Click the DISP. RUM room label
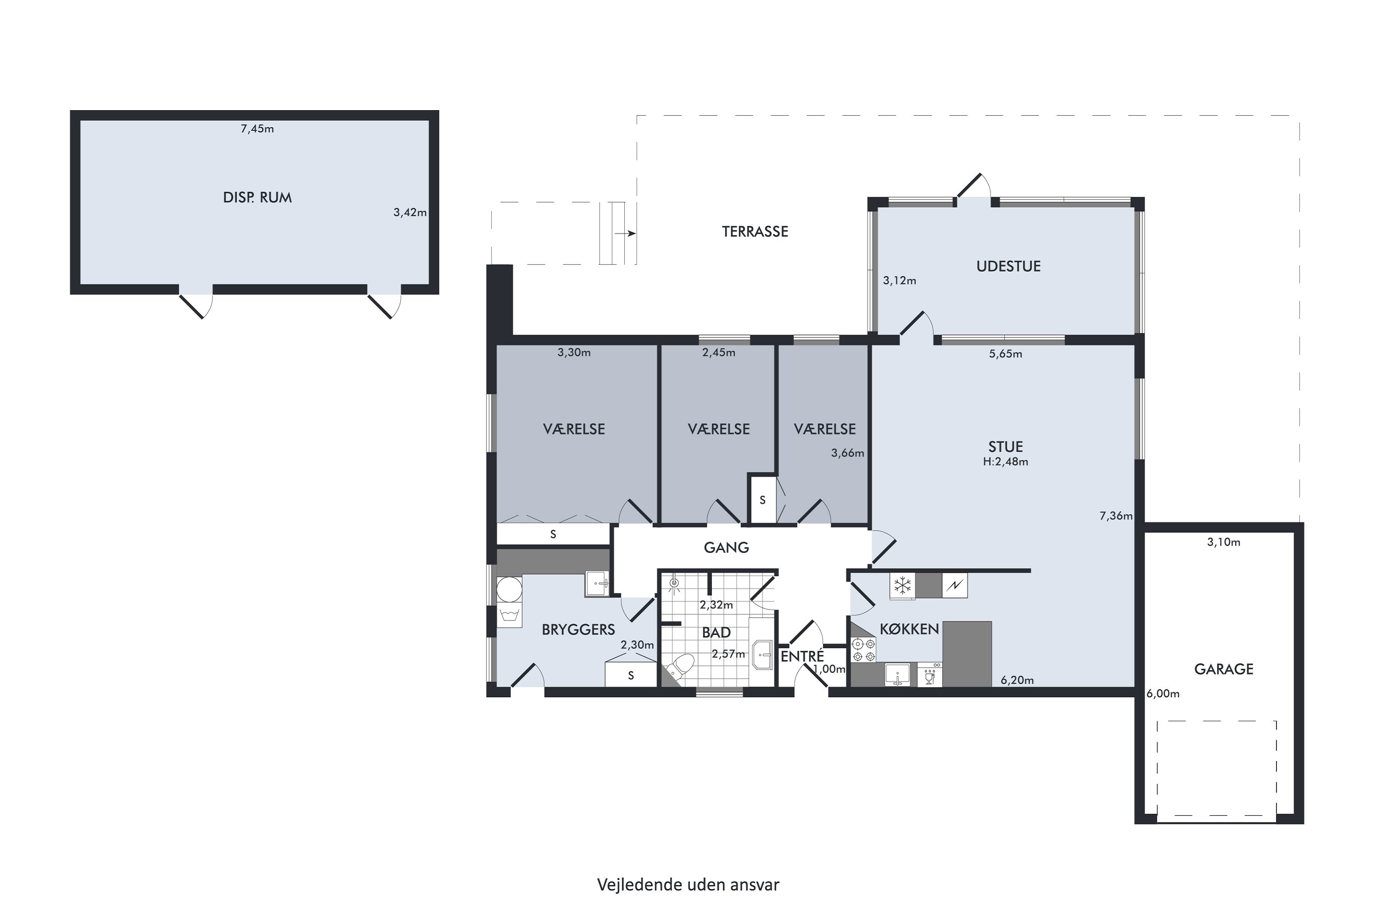click(257, 197)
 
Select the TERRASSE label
click(755, 231)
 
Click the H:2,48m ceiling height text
click(1005, 461)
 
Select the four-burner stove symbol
click(863, 650)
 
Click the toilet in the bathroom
click(679, 667)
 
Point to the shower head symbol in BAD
click(674, 583)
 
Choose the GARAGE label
click(1224, 669)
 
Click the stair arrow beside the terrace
click(625, 234)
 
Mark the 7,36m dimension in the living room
click(1116, 516)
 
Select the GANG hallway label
click(726, 548)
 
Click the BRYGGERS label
click(578, 629)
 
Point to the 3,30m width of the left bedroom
click(574, 353)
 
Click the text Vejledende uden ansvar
click(688, 884)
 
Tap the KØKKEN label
click(909, 629)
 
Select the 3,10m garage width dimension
click(1224, 542)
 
